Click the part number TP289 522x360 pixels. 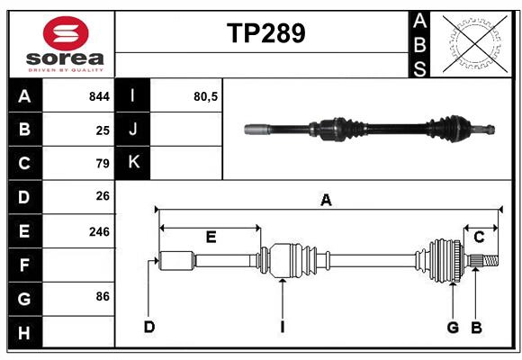pos(265,33)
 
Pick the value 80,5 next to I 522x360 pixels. pos(206,96)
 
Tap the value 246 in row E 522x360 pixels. pos(99,231)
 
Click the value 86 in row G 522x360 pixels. pos(102,296)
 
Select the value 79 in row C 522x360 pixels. pos(102,164)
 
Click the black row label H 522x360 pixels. pos(24,333)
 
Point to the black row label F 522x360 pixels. pos(24,265)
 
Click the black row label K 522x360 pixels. pos(133,163)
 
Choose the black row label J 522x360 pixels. pos(133,130)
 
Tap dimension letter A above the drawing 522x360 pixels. pos(326,201)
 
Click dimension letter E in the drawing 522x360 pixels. pos(211,238)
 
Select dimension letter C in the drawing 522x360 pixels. pos(480,238)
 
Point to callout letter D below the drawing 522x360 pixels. pos(148,327)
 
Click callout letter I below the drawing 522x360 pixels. pos(282,327)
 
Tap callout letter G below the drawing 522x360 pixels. pos(454,327)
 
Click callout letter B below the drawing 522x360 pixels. pos(477,327)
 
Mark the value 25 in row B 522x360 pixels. pos(103,130)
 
